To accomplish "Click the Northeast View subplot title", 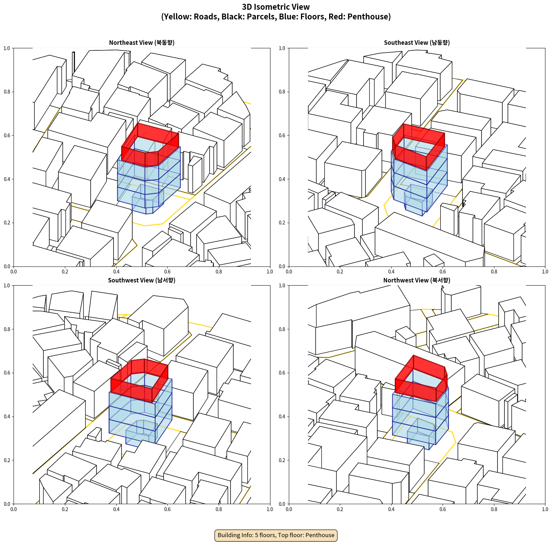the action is [142, 43].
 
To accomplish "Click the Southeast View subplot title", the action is [417, 43].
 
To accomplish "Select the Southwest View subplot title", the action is [142, 280].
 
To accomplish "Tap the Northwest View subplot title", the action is [417, 280].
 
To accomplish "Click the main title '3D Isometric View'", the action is [276, 7].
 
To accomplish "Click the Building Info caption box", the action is [276, 535].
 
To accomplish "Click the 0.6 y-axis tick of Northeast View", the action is [7, 135].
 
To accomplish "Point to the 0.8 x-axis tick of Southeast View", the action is [494, 272].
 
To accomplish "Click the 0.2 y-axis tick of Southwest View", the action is [7, 460].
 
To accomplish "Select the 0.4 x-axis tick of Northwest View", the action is [391, 509].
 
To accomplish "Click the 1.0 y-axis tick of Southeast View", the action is [282, 48].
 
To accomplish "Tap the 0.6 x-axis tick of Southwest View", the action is [167, 509].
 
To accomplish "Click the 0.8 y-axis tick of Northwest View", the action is [282, 329].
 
